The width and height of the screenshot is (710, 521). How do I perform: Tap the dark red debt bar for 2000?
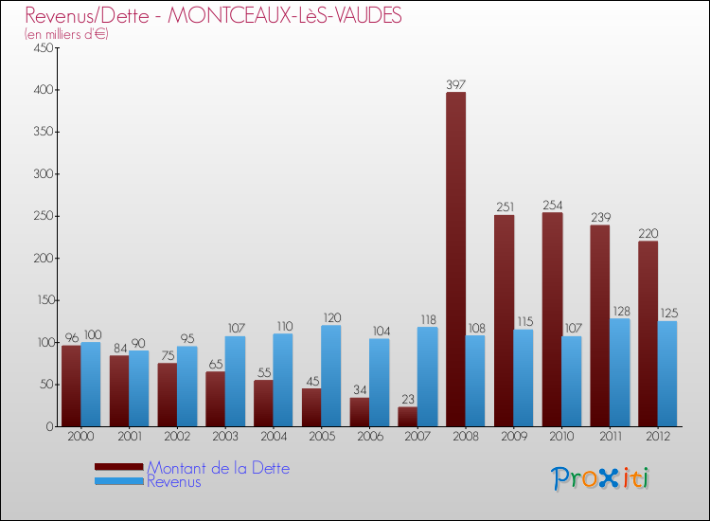pos(71,386)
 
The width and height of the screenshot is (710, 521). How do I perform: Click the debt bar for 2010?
pos(552,319)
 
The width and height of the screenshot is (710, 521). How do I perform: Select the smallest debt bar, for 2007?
pos(407,417)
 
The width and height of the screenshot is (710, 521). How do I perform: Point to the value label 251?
pos(504,207)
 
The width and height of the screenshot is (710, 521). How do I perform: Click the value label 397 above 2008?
pos(455,84)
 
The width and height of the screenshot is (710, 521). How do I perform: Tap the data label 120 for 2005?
pos(331,318)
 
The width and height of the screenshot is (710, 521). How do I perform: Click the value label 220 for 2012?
pos(648,233)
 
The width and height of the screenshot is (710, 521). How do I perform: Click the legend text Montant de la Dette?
pos(218,468)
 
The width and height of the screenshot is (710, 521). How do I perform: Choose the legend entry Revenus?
pos(174,482)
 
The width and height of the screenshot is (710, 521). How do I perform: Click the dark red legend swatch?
pos(118,467)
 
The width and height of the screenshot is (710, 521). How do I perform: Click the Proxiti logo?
pos(601,478)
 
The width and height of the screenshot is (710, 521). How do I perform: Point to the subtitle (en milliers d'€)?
pos(66,34)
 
